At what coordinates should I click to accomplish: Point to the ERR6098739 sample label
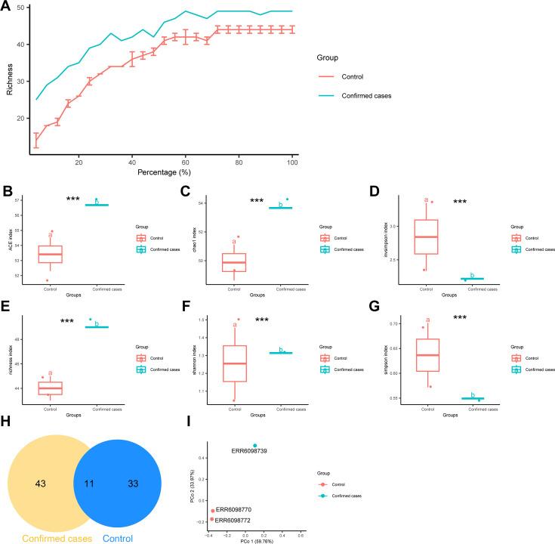click(x=254, y=450)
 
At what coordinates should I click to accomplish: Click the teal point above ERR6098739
click(x=254, y=445)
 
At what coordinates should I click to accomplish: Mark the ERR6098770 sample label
click(x=234, y=510)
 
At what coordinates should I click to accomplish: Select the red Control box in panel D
click(x=426, y=236)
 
